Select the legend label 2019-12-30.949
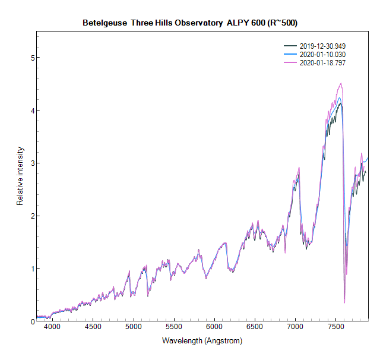[322, 46]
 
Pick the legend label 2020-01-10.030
[322, 54]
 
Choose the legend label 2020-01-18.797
[322, 62]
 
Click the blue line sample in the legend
[290, 54]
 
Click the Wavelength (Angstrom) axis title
[202, 342]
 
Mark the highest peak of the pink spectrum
[340, 83]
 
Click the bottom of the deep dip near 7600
[344, 303]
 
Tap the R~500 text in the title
[283, 23]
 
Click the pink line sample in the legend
[290, 62]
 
